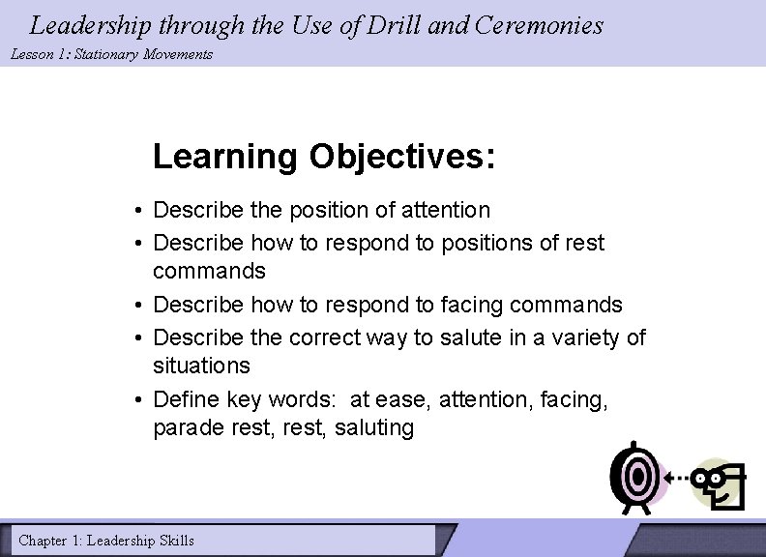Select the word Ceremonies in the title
[x=538, y=25]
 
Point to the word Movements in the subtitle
[x=177, y=54]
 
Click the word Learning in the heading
[x=225, y=156]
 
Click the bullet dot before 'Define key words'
[x=140, y=398]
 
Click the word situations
[x=201, y=366]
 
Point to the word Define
[x=187, y=398]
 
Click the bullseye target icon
[x=637, y=477]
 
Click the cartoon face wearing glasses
[x=723, y=482]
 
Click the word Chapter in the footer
[x=43, y=541]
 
